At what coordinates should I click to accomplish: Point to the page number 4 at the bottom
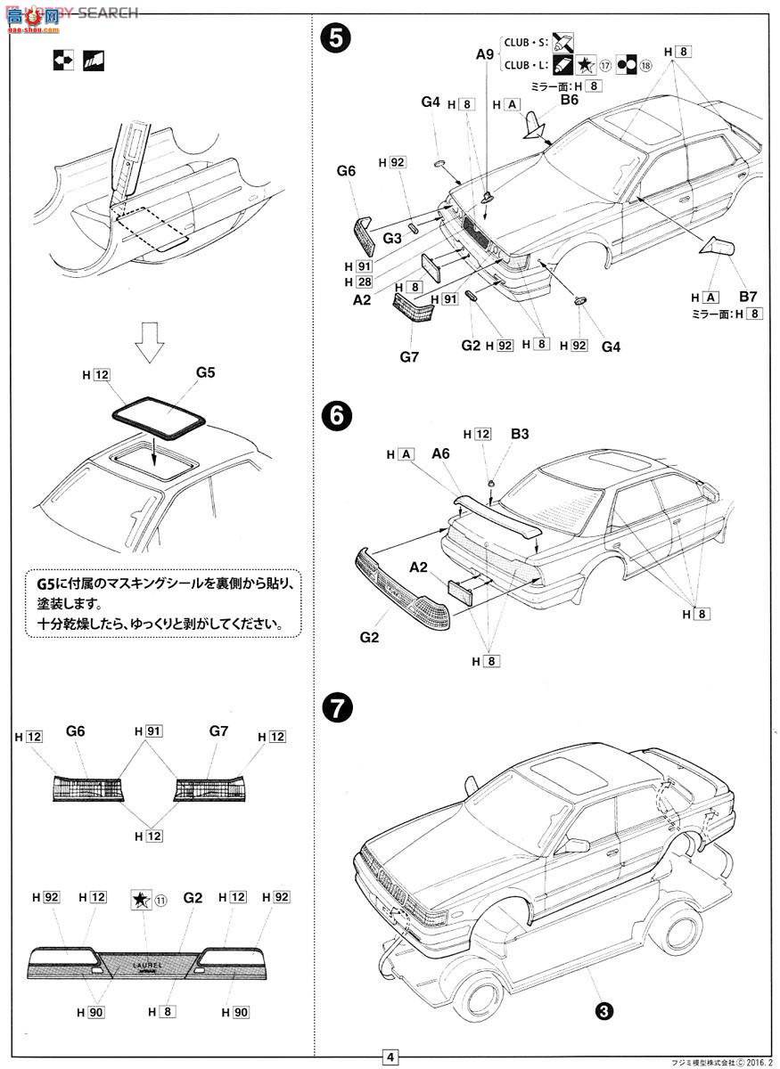point(390,1057)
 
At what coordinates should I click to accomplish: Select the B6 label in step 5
point(570,101)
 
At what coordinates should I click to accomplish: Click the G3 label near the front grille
point(392,238)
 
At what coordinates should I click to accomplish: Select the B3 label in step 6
point(520,434)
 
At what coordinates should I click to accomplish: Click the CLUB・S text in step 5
point(525,41)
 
